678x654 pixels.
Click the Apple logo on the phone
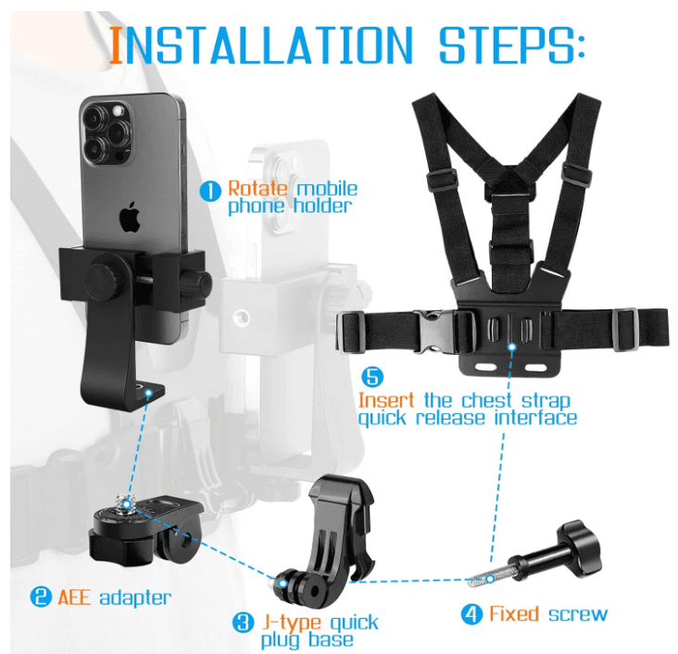point(131,218)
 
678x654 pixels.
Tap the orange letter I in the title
point(116,44)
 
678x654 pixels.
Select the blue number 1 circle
point(210,191)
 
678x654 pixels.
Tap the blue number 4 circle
point(471,613)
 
